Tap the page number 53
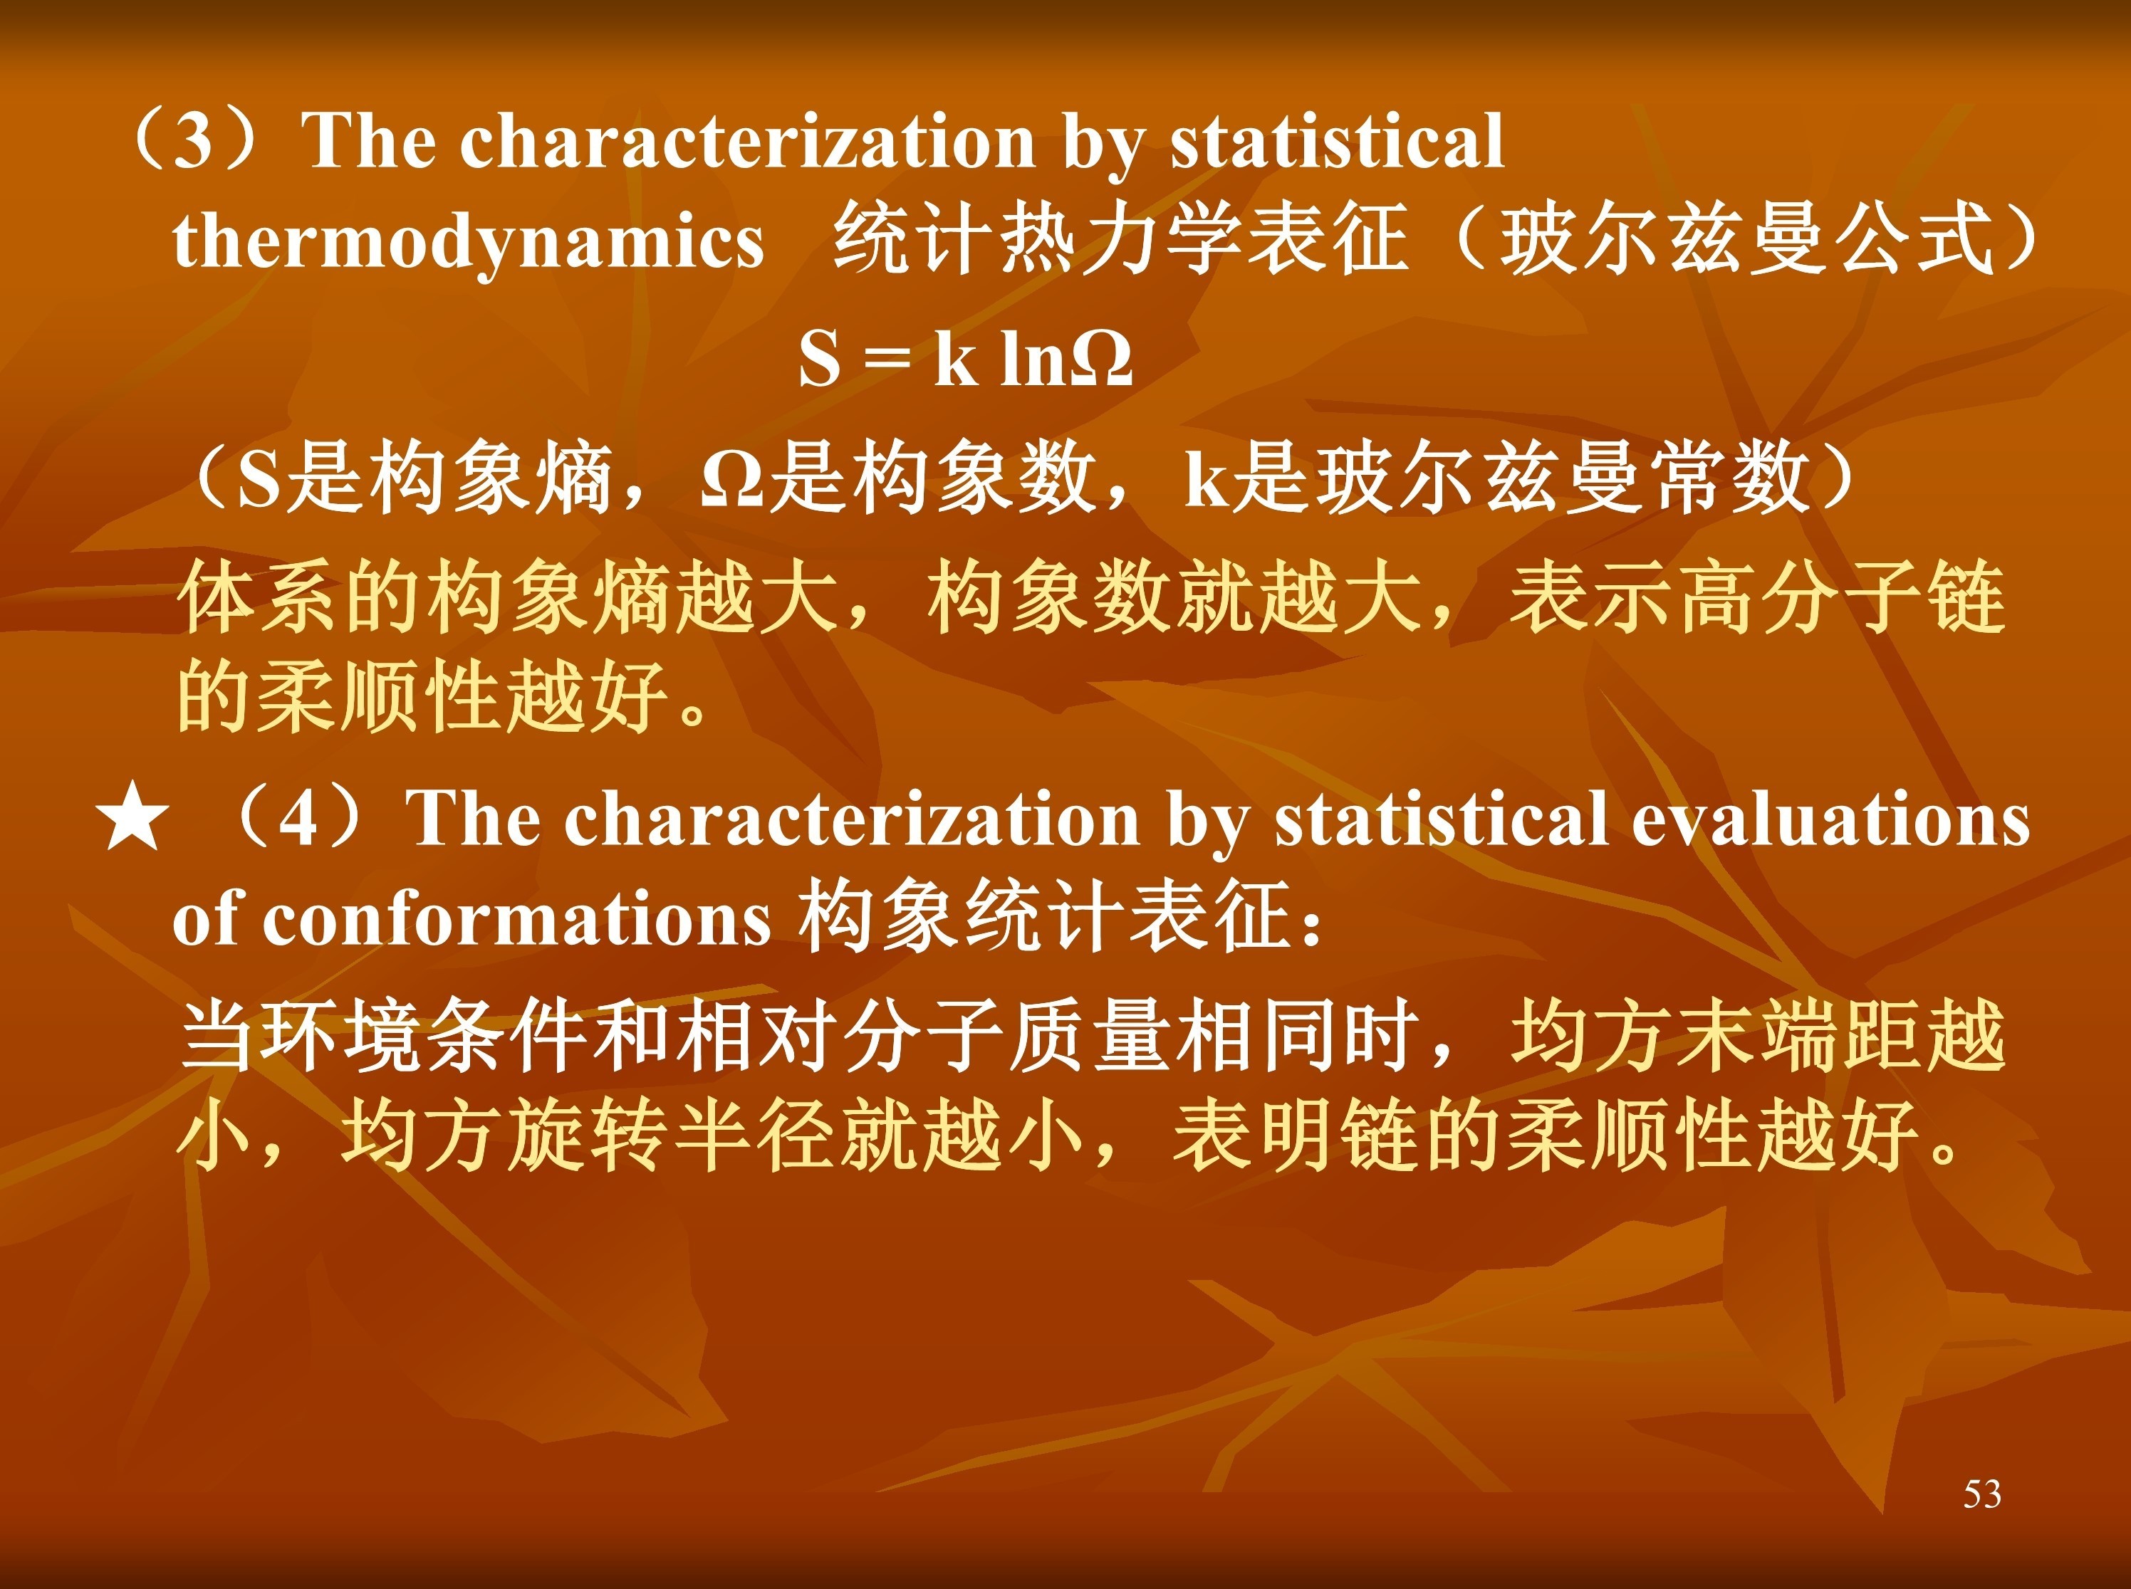tap(1982, 1494)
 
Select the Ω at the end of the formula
tap(1102, 360)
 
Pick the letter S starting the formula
tap(820, 359)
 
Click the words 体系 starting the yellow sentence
tap(259, 598)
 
